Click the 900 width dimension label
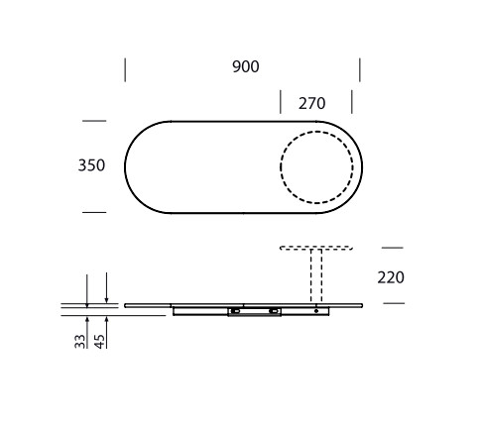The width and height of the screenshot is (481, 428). (246, 66)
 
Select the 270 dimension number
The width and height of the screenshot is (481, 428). (312, 103)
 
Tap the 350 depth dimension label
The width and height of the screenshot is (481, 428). (91, 165)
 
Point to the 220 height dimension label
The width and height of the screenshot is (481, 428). (391, 277)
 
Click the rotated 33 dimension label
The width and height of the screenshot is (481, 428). (80, 342)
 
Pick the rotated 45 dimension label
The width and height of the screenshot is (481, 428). (99, 342)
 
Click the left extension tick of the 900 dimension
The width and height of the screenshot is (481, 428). (125, 69)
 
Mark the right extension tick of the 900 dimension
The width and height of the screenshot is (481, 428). (360, 69)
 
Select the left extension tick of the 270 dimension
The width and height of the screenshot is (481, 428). (281, 102)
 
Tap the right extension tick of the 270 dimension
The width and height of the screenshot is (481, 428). (352, 102)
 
